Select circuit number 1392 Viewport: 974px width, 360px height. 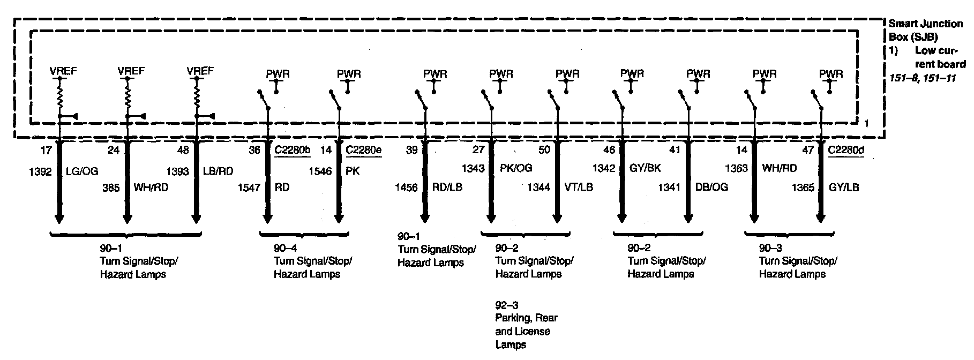[40, 172]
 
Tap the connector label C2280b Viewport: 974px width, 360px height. [292, 151]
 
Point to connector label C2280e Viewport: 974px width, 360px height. [363, 151]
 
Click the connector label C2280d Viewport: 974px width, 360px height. [846, 151]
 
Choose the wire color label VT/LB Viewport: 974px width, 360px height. [579, 187]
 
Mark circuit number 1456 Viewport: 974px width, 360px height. [406, 187]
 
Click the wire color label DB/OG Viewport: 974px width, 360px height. [711, 187]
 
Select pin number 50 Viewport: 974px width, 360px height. [544, 151]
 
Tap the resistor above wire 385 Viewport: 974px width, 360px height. [128, 98]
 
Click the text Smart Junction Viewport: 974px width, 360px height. [925, 24]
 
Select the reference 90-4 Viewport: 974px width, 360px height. [285, 248]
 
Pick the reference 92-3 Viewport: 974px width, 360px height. [506, 305]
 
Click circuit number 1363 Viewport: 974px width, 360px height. [736, 168]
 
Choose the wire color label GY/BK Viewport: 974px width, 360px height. [645, 168]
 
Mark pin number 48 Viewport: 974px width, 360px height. [183, 151]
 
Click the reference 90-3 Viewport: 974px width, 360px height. [770, 248]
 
